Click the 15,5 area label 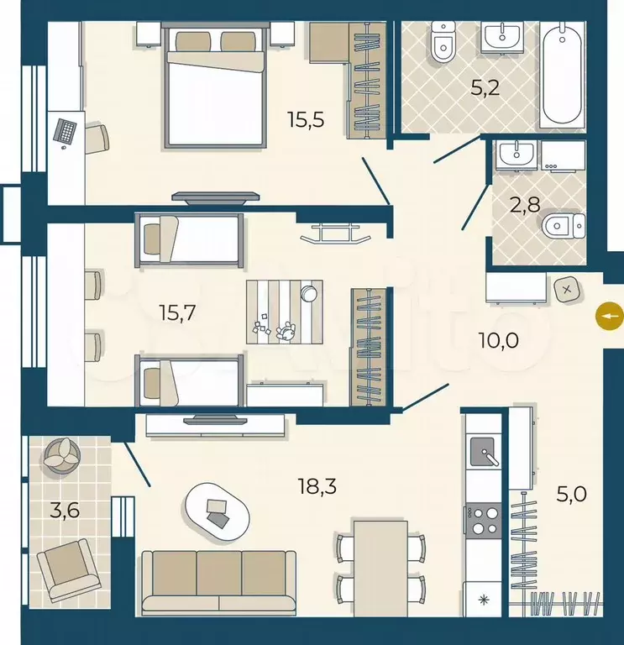click(306, 120)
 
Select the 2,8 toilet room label click(524, 205)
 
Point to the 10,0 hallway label click(499, 340)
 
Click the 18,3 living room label click(317, 486)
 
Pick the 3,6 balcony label click(65, 511)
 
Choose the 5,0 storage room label click(571, 494)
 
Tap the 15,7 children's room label click(177, 313)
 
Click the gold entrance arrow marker click(610, 316)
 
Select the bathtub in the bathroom click(563, 74)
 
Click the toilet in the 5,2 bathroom click(443, 43)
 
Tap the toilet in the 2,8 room click(564, 226)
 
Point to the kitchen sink click(484, 452)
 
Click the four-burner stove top click(484, 520)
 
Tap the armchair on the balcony click(69, 569)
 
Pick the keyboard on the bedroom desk click(66, 131)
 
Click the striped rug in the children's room click(284, 312)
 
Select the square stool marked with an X click(567, 290)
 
